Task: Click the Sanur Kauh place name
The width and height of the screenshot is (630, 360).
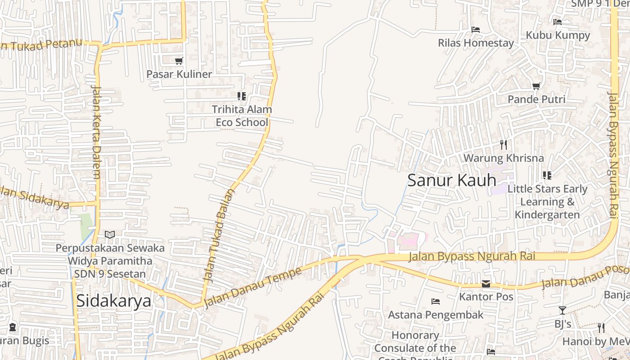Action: (451, 180)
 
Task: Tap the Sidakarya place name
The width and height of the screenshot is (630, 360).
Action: (113, 301)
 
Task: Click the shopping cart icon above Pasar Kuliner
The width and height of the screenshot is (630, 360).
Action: (179, 61)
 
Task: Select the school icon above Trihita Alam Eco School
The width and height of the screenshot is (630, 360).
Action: (242, 96)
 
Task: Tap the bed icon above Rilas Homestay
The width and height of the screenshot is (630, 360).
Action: (476, 30)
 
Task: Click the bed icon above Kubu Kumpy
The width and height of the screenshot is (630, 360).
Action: (558, 22)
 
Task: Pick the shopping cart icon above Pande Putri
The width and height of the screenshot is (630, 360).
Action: (536, 86)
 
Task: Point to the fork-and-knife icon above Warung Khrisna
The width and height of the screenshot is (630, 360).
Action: (504, 145)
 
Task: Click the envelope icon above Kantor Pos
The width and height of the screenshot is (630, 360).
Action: (486, 284)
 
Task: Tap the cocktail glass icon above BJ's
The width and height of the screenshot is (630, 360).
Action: (562, 310)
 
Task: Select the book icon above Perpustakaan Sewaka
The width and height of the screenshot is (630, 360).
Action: (110, 234)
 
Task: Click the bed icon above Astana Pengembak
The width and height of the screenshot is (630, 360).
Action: (435, 301)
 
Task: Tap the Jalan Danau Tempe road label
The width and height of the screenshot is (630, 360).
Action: (252, 288)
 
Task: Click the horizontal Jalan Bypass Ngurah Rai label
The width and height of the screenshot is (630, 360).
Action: (472, 256)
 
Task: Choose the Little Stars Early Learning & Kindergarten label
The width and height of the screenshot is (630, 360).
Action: (547, 202)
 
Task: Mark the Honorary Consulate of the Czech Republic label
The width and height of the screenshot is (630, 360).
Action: (415, 347)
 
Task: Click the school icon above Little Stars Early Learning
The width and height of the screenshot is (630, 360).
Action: (547, 175)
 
